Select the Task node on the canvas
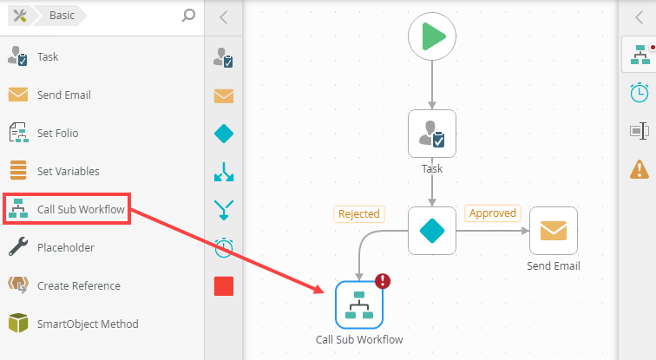[432, 133]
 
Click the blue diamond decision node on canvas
[432, 231]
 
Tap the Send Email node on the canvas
[553, 231]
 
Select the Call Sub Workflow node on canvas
[359, 304]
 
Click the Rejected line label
[359, 213]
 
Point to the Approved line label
[492, 213]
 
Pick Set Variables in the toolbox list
[68, 171]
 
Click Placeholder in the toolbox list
[65, 247]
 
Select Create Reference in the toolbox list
[78, 285]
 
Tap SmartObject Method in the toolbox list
[87, 324]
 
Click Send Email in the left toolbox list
[63, 95]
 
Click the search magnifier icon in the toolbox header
[188, 15]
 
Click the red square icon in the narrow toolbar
[223, 285]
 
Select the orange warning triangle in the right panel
[639, 168]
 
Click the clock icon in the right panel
[639, 92]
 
